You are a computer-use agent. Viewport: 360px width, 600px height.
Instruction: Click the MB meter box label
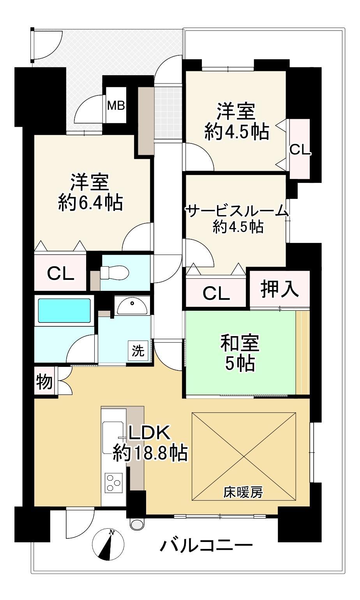click(116, 106)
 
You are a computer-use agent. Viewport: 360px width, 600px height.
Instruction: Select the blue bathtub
click(64, 311)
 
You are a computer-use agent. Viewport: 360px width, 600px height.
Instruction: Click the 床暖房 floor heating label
click(243, 492)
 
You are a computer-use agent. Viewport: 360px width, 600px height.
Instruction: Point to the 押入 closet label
click(279, 288)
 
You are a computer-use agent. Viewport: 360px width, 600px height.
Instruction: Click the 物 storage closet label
click(44, 381)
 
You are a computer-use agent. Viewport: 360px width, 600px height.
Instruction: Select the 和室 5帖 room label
click(240, 353)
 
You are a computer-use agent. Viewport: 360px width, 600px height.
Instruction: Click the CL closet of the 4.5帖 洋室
click(300, 149)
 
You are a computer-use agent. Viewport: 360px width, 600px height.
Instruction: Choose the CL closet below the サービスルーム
click(216, 293)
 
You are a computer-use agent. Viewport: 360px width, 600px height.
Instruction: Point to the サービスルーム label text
click(237, 211)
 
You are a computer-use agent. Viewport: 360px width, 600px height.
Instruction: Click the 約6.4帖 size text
click(90, 202)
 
